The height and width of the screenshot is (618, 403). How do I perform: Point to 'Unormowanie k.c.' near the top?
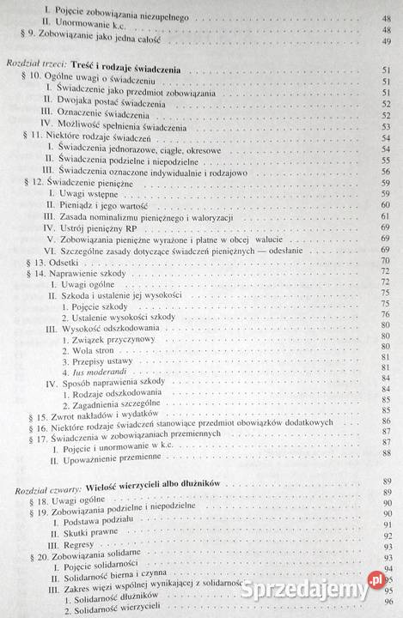tap(90, 28)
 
